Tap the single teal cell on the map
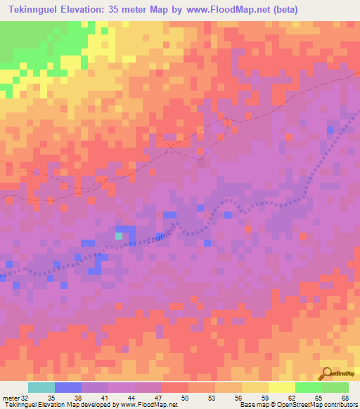119,236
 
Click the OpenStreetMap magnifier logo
326,374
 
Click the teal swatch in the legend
41,387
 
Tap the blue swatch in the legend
67,387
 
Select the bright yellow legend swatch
281,387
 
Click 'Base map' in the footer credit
251,405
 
